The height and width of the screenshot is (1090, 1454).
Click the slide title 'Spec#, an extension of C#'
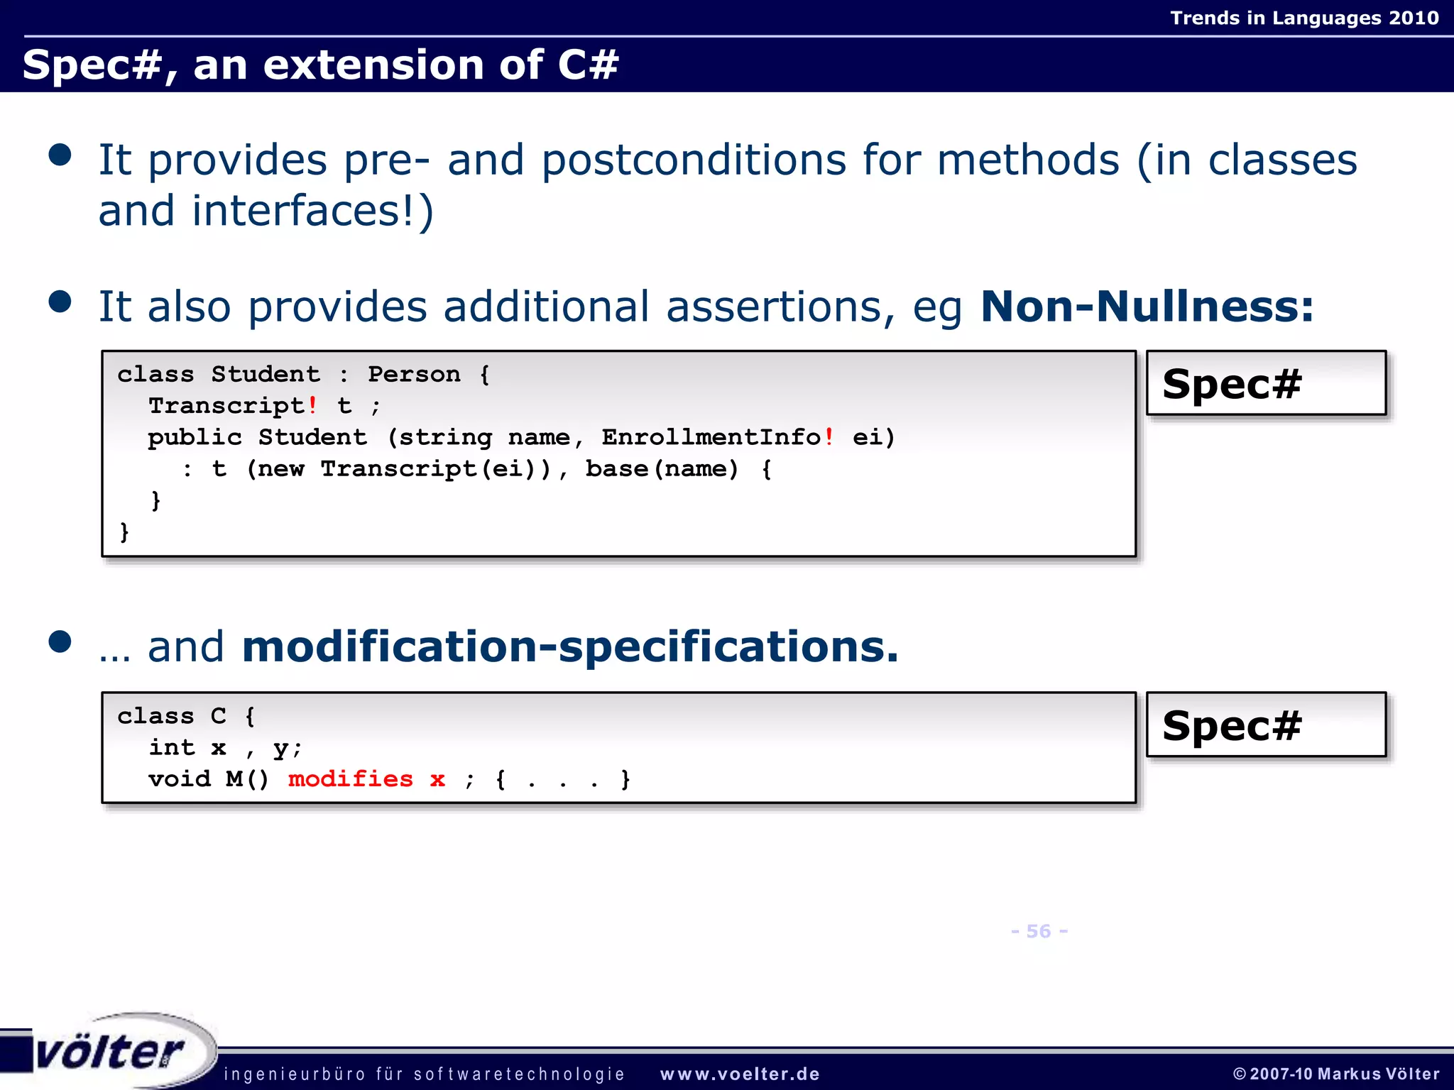tap(320, 65)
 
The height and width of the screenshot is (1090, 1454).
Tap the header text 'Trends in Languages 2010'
tap(1304, 18)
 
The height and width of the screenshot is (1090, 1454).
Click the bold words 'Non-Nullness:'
tap(1146, 307)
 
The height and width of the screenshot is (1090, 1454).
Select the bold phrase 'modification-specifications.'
tap(570, 646)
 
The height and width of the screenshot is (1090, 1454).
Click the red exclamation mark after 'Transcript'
tap(312, 405)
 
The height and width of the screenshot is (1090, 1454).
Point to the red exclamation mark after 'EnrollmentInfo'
tap(829, 436)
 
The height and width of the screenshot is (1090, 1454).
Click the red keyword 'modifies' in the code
tap(351, 779)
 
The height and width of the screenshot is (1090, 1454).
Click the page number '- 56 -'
tap(1039, 931)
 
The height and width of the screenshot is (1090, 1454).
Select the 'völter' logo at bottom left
tap(110, 1051)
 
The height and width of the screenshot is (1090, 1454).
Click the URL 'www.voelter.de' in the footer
tap(740, 1074)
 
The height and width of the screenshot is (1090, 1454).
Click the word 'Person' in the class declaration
tap(414, 374)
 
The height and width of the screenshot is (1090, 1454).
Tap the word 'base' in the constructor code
tap(616, 468)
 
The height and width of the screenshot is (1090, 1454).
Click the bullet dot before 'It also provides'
tap(60, 302)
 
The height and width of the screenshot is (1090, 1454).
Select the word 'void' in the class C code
tap(180, 779)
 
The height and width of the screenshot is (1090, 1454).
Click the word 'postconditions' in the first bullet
tap(694, 160)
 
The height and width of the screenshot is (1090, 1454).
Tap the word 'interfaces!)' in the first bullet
tap(312, 211)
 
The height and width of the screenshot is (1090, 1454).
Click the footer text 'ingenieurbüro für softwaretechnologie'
tap(424, 1074)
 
